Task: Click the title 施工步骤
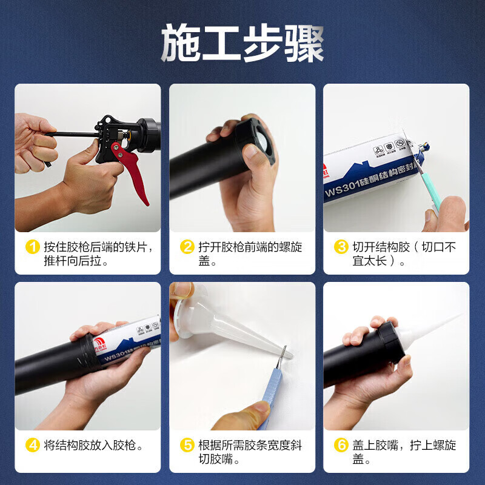(242, 44)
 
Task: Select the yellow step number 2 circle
(188, 247)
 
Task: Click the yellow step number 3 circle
(342, 247)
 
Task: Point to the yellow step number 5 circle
(188, 446)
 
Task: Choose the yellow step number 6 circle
(342, 446)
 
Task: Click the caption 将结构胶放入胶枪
(94, 446)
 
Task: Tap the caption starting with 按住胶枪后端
(97, 255)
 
